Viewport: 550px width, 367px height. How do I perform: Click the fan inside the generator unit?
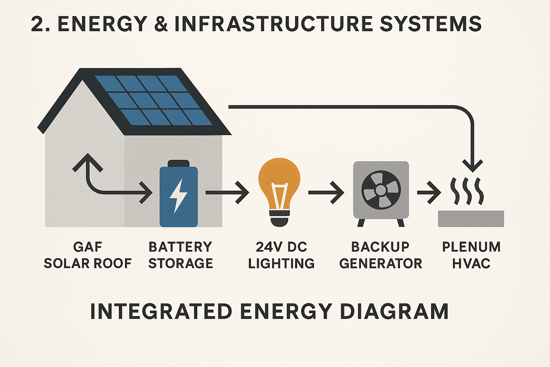pos(381,190)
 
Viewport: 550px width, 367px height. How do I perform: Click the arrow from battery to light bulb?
pos(227,192)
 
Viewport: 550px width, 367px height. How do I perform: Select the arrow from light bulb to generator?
pos(326,192)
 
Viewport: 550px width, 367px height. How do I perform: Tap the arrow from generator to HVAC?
pos(429,192)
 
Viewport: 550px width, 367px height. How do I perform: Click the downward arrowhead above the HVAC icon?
pos(473,165)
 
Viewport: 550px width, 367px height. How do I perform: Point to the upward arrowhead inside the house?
pos(87,162)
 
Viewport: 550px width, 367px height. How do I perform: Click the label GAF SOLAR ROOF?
pos(88,255)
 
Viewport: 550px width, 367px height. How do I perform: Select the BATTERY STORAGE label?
pos(180,255)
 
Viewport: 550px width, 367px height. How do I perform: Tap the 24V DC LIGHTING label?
pos(281,255)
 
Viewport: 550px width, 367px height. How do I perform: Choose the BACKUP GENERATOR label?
pos(380,255)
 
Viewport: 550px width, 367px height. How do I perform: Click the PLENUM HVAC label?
pos(471,255)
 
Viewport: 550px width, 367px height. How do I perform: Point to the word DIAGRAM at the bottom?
pos(394,311)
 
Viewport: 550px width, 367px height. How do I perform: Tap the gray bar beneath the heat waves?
pos(471,219)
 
